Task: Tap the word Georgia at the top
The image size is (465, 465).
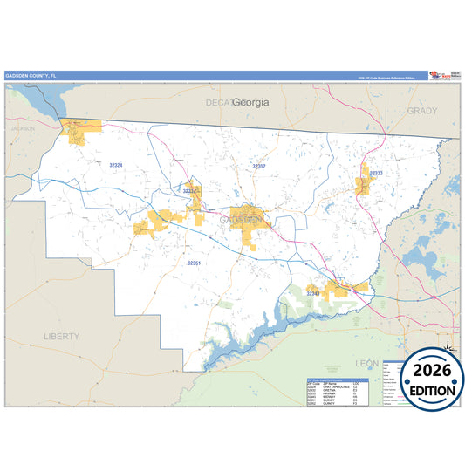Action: [x=250, y=102]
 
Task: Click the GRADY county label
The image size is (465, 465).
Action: [x=422, y=112]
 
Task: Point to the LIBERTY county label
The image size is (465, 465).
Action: [x=61, y=335]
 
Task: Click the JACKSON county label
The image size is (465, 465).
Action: [x=23, y=129]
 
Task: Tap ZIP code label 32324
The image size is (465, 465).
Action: [x=116, y=165]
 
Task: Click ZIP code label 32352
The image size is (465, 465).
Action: [x=259, y=165]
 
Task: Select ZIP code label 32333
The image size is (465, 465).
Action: [x=376, y=174]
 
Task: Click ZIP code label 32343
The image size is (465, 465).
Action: [x=312, y=294]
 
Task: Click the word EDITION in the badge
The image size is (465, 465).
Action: [x=427, y=389]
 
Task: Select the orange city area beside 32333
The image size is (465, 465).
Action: [x=364, y=181]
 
